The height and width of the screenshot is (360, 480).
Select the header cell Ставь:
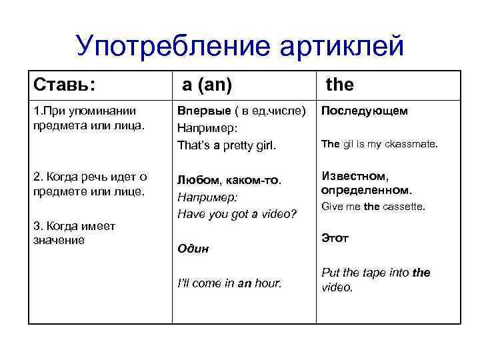coord(64,85)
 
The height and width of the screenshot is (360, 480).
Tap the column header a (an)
coord(208,85)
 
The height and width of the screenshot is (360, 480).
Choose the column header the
coord(339,85)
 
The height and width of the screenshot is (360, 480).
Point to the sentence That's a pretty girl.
coord(226,145)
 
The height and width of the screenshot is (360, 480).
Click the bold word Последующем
coord(364,111)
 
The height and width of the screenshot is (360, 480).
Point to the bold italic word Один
coord(193,249)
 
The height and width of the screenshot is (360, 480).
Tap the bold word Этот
coord(335,238)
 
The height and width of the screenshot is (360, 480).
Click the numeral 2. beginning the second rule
coord(38,177)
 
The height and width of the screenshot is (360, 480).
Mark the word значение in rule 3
coord(59,240)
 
